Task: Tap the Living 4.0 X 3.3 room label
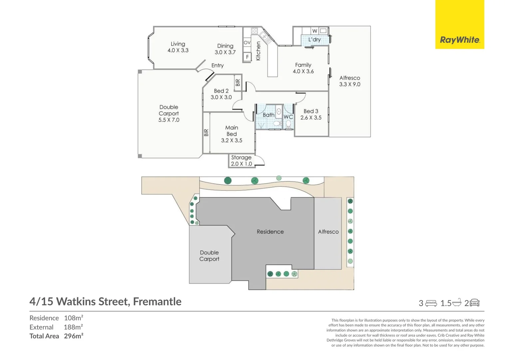[x=178, y=47]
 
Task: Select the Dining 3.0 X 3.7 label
[x=225, y=49]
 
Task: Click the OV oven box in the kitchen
[x=247, y=43]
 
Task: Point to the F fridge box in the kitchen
[x=247, y=57]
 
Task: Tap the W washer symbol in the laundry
[x=315, y=31]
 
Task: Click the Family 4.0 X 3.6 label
[x=303, y=68]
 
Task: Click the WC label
[x=288, y=117]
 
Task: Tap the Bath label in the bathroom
[x=268, y=115]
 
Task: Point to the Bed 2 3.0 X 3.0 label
[x=221, y=94]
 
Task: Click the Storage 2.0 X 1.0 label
[x=241, y=161]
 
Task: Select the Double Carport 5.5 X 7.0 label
[x=169, y=113]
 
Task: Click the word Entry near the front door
[x=218, y=66]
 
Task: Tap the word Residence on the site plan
[x=270, y=232]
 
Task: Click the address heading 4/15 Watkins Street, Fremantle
[x=106, y=302]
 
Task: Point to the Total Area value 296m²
[x=74, y=336]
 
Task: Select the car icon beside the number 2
[x=474, y=303]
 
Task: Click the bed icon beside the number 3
[x=431, y=303]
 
